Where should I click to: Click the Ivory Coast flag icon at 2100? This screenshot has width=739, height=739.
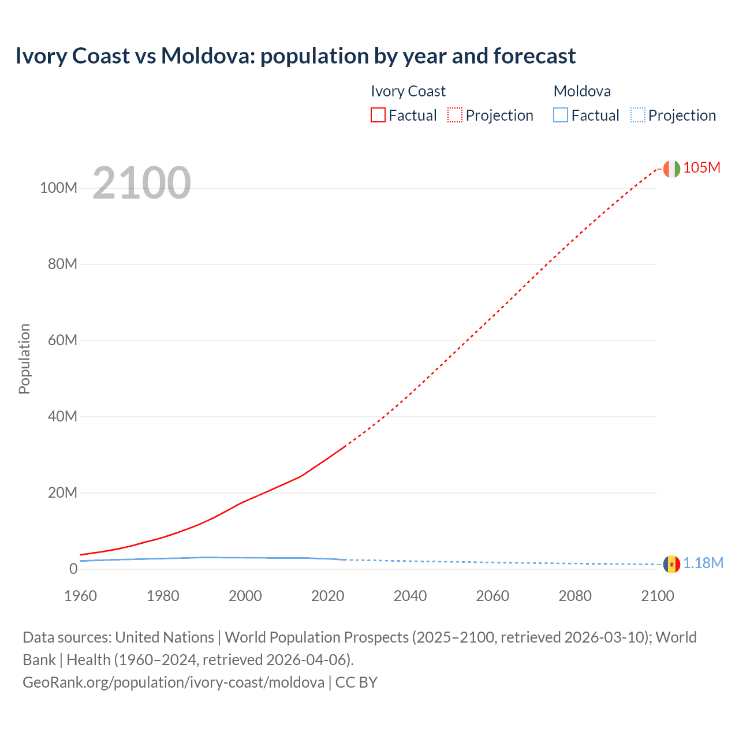point(671,169)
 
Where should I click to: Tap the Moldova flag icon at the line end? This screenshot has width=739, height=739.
point(671,564)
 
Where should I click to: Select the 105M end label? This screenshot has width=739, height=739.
point(701,167)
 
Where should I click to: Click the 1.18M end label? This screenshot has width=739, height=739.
point(703,563)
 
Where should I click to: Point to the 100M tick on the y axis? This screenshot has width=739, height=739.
point(58,188)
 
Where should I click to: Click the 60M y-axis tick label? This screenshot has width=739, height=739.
point(62,340)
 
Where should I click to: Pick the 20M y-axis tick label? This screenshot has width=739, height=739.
point(62,492)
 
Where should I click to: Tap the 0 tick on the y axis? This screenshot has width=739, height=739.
point(73,569)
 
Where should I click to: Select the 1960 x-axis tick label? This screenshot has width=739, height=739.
point(80,596)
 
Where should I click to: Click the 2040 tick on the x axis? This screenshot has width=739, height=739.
point(410,596)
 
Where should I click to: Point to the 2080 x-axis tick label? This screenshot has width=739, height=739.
point(575,596)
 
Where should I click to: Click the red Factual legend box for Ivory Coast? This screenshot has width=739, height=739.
point(378,115)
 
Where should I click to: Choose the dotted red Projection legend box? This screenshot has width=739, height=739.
point(455,115)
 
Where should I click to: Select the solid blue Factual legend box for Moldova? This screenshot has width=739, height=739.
point(561,115)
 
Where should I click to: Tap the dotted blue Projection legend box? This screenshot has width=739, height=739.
point(638,115)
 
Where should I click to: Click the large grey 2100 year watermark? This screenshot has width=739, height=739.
point(141,183)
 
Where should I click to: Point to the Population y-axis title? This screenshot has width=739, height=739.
point(24,359)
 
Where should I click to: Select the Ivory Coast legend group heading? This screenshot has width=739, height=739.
point(408,91)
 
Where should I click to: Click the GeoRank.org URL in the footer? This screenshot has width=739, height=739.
point(173,682)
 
